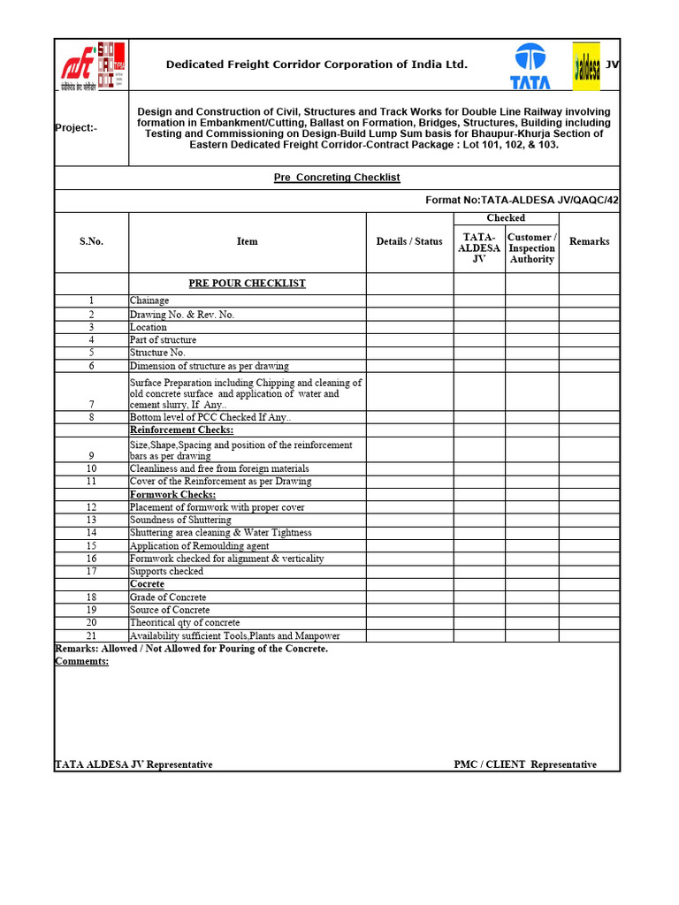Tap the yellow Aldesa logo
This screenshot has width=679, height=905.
586,65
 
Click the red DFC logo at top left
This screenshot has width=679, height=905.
92,65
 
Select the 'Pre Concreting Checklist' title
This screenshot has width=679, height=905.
336,178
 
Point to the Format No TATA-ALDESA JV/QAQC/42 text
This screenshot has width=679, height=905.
522,201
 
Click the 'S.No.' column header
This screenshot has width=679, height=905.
91,241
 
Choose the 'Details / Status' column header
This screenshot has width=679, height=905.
409,241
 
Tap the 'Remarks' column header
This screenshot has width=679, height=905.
589,241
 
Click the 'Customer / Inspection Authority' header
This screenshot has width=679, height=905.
531,248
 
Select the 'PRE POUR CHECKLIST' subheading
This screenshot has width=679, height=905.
247,284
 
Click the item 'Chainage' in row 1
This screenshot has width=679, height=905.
149,301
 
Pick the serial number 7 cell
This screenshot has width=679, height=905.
91,404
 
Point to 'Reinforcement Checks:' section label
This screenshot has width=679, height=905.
181,430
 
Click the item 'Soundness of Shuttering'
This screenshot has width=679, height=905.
180,521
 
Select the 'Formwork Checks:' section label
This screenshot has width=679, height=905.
172,495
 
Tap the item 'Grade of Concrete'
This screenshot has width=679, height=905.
168,597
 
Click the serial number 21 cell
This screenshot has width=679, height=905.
91,636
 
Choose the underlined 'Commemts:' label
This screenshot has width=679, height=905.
81,661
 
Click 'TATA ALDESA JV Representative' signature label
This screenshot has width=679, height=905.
134,764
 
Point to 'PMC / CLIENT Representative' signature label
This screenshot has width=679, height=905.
525,764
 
